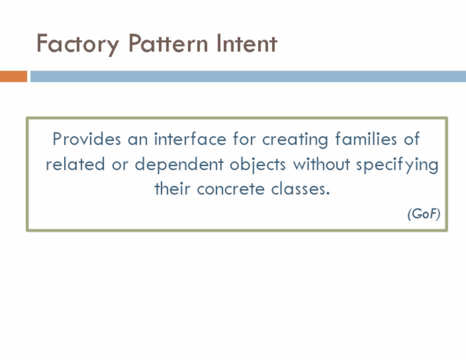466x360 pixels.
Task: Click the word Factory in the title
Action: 77,44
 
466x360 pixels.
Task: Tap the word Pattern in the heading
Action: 168,43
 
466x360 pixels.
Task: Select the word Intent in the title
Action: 246,43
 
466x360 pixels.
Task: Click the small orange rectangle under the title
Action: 13,76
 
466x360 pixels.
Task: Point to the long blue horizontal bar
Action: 248,76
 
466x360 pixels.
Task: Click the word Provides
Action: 87,139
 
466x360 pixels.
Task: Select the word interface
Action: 190,139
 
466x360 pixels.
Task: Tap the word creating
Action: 295,139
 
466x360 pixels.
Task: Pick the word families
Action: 366,139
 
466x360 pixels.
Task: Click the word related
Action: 75,164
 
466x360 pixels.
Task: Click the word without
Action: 321,164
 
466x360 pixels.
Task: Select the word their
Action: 172,188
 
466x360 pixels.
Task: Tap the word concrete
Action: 230,189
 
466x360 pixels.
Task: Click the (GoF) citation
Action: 424,213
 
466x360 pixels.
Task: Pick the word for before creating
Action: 244,139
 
